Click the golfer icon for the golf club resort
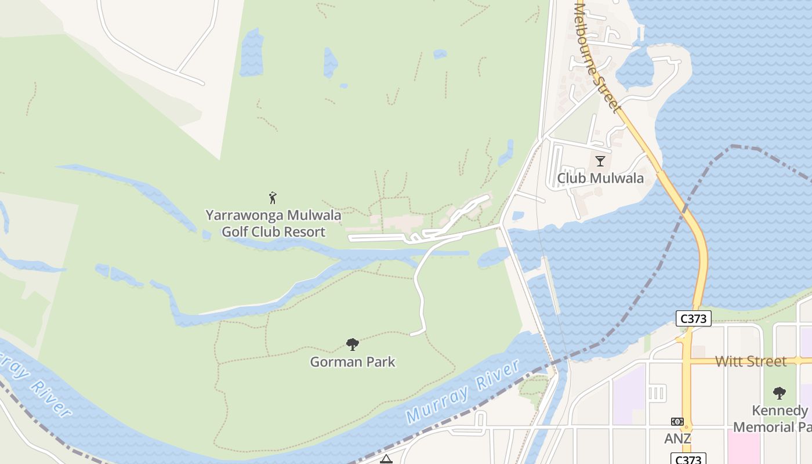[x=273, y=198]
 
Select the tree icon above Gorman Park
[x=352, y=345]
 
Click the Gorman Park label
[x=353, y=362]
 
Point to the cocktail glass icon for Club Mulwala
[x=600, y=161]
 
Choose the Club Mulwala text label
[x=600, y=178]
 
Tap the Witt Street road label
[x=751, y=361]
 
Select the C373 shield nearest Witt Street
[x=693, y=318]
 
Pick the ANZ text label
[x=677, y=438]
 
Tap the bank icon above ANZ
[x=677, y=422]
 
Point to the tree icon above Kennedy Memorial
[x=780, y=393]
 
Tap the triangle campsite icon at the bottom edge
[x=386, y=459]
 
